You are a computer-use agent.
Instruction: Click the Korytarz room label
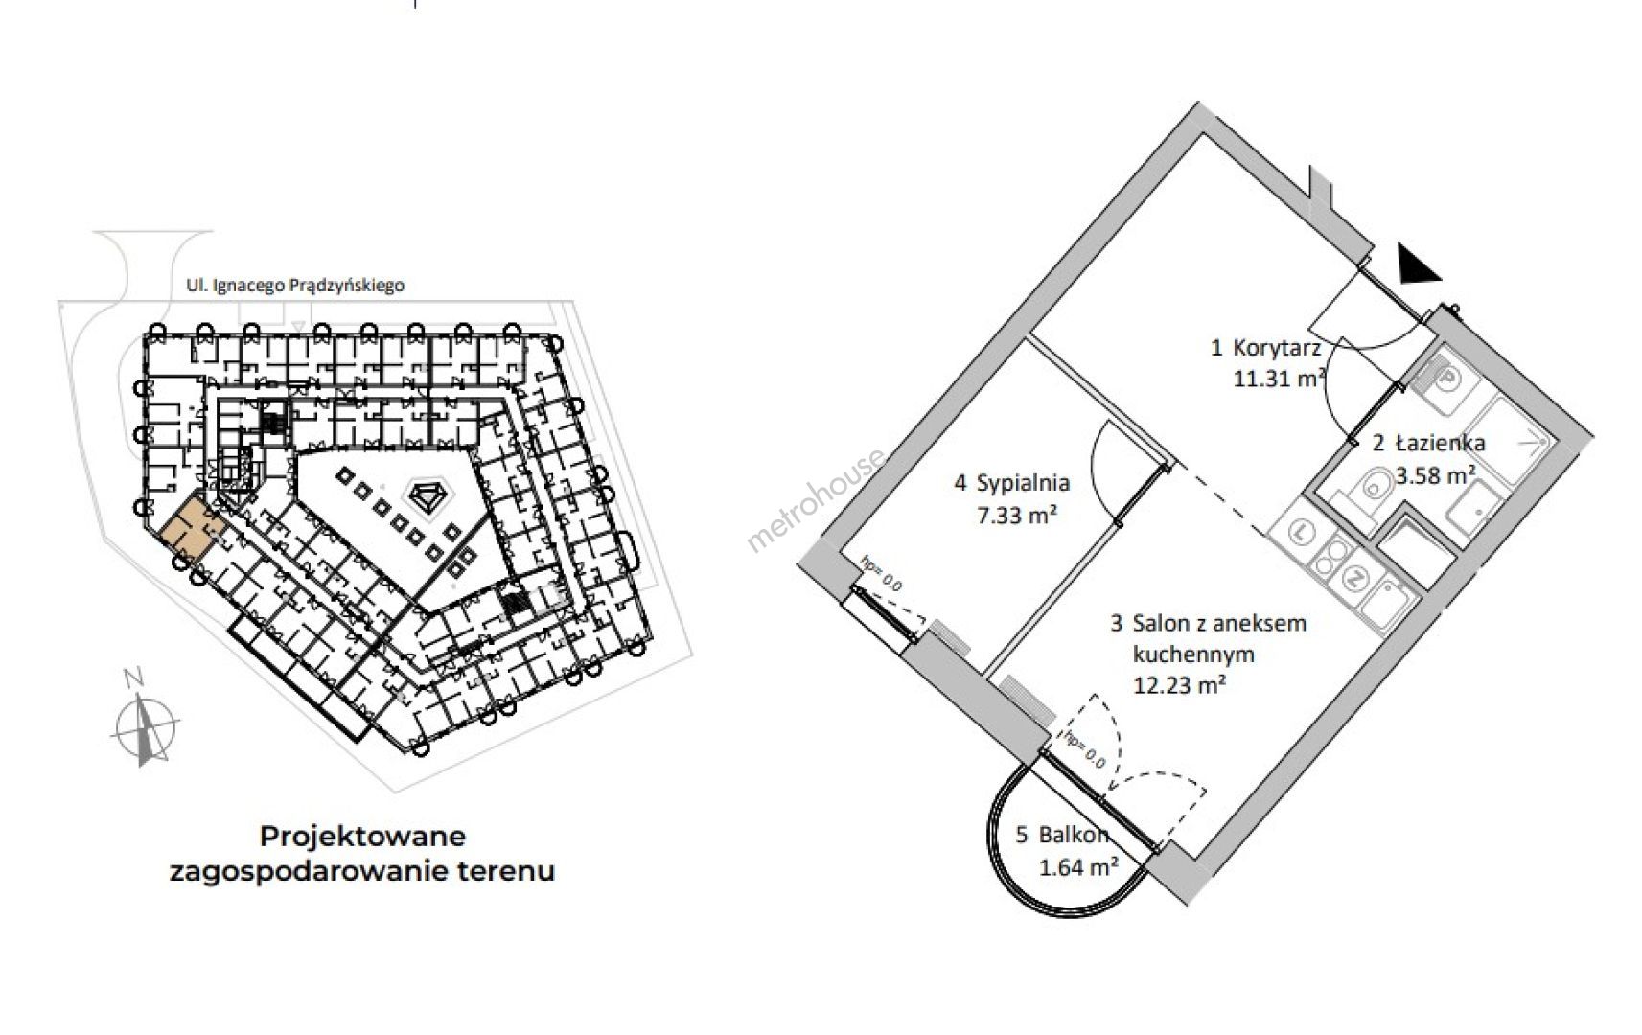(x=1276, y=348)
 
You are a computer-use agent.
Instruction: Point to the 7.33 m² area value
(x=1017, y=516)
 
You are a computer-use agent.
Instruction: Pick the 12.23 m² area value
(x=1179, y=685)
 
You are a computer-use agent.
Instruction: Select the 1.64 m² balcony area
(x=1078, y=867)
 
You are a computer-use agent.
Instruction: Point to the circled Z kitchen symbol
(x=1355, y=579)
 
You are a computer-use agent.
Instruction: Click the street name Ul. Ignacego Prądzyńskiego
(x=294, y=286)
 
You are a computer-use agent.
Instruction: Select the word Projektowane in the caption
(x=363, y=837)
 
